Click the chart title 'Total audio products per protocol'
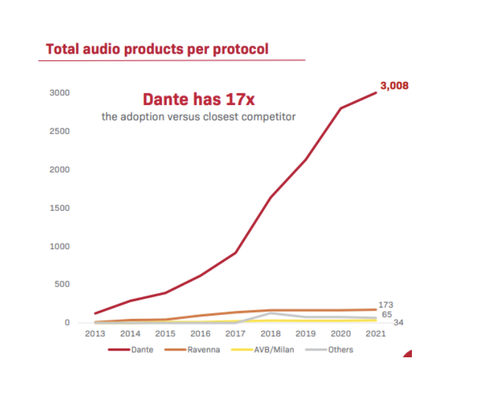click(157, 50)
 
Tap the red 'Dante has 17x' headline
click(199, 100)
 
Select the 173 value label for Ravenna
click(386, 305)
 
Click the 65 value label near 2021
click(387, 314)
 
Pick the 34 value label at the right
click(399, 322)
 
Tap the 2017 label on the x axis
click(235, 333)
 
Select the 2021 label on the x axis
click(376, 333)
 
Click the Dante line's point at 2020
click(341, 108)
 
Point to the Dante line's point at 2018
click(271, 197)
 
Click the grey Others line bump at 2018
click(271, 313)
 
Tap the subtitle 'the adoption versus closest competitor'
click(198, 116)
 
